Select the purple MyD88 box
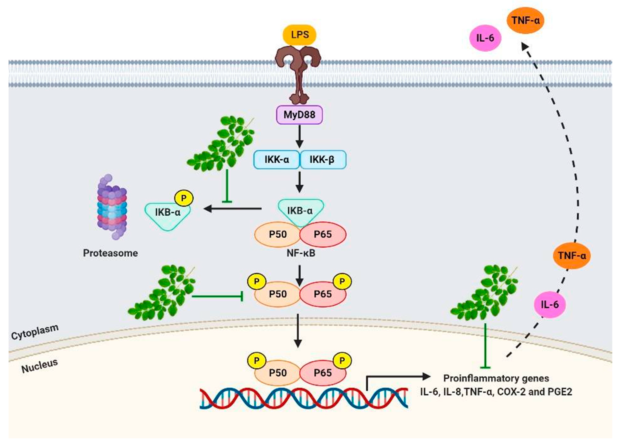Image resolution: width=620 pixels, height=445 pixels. click(x=299, y=115)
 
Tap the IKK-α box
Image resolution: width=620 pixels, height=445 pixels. click(x=276, y=160)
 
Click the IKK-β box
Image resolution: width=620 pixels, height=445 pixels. click(x=323, y=160)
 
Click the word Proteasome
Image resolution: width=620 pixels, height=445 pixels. click(x=110, y=253)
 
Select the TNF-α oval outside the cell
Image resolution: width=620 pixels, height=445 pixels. click(x=525, y=20)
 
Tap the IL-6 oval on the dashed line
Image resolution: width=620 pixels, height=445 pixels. click(x=549, y=305)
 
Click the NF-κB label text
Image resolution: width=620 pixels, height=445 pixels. click(x=301, y=253)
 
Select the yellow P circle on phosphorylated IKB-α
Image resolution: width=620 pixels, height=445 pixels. click(x=184, y=198)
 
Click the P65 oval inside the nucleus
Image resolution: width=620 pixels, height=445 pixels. click(x=323, y=373)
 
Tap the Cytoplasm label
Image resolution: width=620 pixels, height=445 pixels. click(x=35, y=332)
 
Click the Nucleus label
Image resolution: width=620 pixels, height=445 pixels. click(x=40, y=366)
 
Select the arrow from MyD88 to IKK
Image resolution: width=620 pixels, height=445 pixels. click(x=300, y=137)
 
